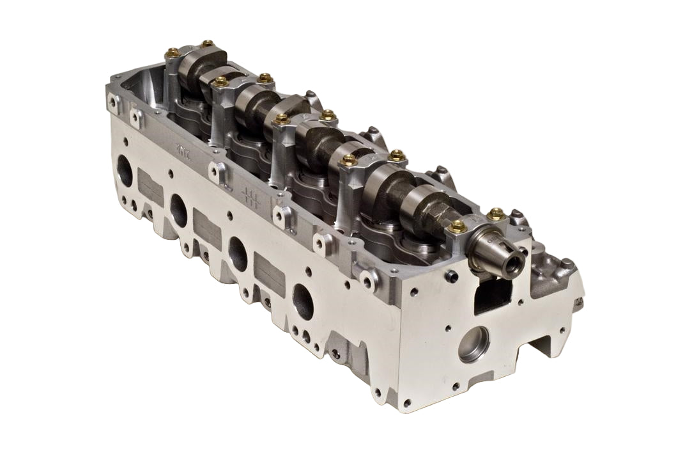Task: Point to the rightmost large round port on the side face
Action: coord(303,301)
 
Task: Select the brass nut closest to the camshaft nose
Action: coord(457,226)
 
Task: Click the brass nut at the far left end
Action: coord(173,53)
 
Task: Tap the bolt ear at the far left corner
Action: coord(113,101)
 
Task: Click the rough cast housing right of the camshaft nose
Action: coord(553,269)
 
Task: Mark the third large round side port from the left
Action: coord(237,253)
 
